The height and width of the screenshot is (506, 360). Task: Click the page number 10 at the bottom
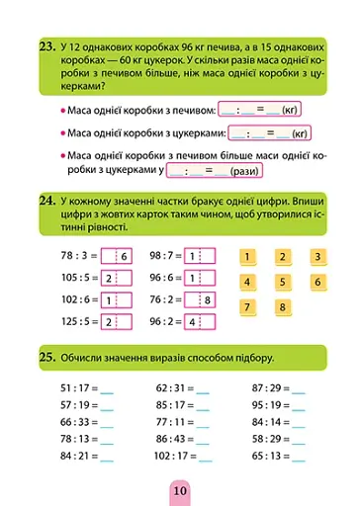point(178,488)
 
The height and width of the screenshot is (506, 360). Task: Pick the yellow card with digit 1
point(246,257)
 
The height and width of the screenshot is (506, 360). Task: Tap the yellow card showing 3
point(317,257)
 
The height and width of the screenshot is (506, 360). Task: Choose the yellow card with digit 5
point(282,282)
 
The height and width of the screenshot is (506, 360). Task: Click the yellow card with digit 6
point(317,282)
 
